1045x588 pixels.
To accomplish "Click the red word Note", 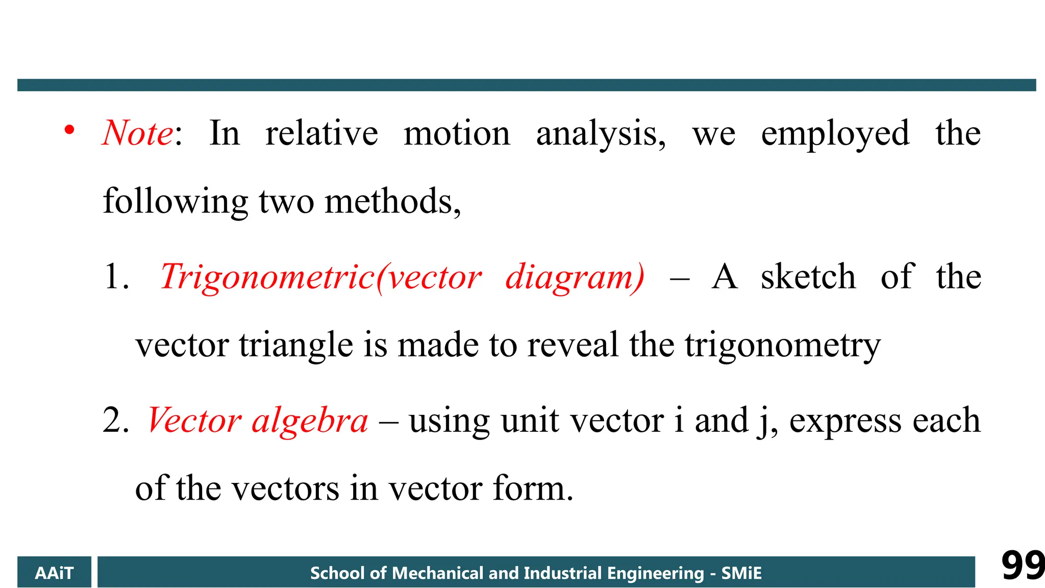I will pyautogui.click(x=138, y=133).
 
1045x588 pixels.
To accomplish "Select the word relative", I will pyautogui.click(x=321, y=133).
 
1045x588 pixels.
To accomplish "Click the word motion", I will pyautogui.click(x=457, y=133).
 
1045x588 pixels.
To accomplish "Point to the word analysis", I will pyautogui.click(x=600, y=134).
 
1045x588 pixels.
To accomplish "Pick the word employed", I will pyautogui.click(x=835, y=134).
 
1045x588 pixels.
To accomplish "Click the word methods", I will pyautogui.click(x=392, y=201).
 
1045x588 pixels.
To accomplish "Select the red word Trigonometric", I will pyautogui.click(x=267, y=278).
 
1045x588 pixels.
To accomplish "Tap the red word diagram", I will pyautogui.click(x=575, y=278).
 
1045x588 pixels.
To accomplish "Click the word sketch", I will pyautogui.click(x=808, y=277).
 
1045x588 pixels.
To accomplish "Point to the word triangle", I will pyautogui.click(x=296, y=346).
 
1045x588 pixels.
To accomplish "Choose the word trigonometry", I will pyautogui.click(x=783, y=346).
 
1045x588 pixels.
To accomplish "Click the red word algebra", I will pyautogui.click(x=310, y=421).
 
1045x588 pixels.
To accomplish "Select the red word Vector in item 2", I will pyautogui.click(x=194, y=421).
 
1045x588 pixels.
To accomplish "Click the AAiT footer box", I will pyautogui.click(x=54, y=573).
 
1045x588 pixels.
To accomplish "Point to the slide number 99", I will pyautogui.click(x=1022, y=566).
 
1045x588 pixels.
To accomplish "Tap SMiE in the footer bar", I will pyautogui.click(x=741, y=573).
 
